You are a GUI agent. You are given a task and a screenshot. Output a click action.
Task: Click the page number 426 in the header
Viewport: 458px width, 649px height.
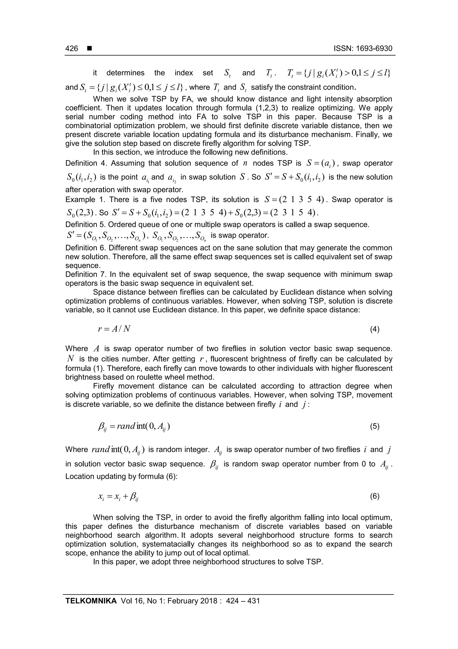tap(72, 49)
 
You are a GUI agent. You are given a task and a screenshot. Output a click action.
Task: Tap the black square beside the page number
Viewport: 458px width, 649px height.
tap(89, 49)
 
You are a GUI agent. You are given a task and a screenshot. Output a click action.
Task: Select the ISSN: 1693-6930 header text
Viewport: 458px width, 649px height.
tap(363, 49)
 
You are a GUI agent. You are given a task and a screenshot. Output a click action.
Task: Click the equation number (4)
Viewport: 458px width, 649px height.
tap(374, 329)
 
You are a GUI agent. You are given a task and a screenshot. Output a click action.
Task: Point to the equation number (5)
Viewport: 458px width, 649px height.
tap(374, 426)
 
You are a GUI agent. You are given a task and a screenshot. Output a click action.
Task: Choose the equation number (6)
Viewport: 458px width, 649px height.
tap(374, 496)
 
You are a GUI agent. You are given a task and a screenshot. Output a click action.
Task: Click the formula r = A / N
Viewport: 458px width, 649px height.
tap(114, 329)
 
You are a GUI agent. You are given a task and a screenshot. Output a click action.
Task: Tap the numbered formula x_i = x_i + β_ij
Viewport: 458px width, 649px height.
tap(118, 497)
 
